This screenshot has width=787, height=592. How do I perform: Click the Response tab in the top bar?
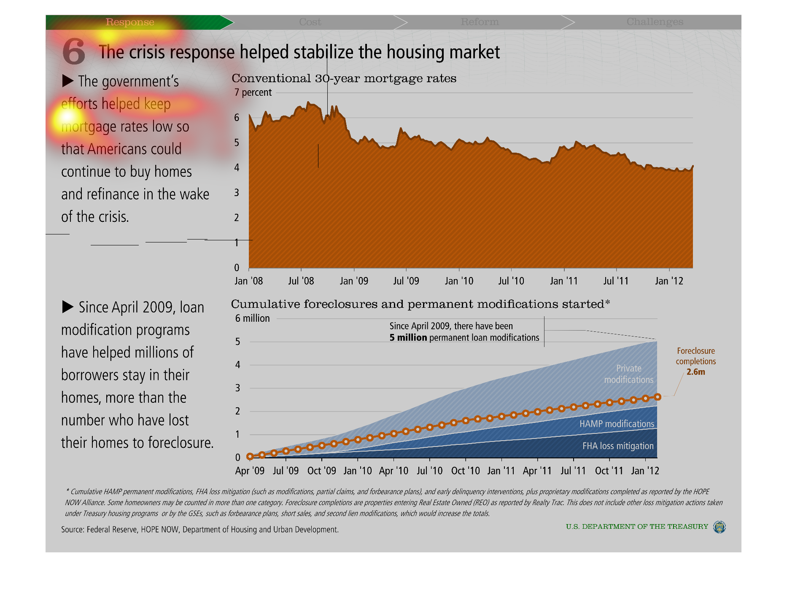[130, 22]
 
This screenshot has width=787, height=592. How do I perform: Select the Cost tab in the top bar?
[310, 22]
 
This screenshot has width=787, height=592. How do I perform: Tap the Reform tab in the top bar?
[480, 22]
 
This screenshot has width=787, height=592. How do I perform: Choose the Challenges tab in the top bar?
[655, 22]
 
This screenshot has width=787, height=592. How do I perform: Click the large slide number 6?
[74, 51]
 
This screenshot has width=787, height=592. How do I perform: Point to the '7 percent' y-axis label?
[253, 92]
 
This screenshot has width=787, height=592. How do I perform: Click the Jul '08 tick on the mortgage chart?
[301, 281]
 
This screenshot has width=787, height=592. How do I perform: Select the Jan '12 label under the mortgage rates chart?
[669, 281]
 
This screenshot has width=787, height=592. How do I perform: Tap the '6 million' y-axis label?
[252, 318]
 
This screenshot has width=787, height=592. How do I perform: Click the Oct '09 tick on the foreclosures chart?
[322, 471]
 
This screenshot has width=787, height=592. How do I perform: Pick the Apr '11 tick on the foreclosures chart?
[537, 471]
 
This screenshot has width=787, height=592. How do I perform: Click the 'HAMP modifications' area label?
[617, 424]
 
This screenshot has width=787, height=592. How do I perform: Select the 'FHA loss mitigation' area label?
[618, 446]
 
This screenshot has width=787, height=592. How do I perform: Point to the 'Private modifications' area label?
[628, 374]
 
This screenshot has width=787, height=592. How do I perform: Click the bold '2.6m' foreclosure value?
[695, 372]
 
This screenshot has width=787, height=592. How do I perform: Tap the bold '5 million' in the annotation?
[408, 338]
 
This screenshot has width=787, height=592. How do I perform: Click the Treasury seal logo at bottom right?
[719, 527]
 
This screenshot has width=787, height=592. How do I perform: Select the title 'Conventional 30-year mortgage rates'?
[344, 78]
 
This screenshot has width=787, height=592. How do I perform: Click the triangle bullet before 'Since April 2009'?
[68, 307]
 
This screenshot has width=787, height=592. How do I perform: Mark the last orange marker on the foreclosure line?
[657, 397]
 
